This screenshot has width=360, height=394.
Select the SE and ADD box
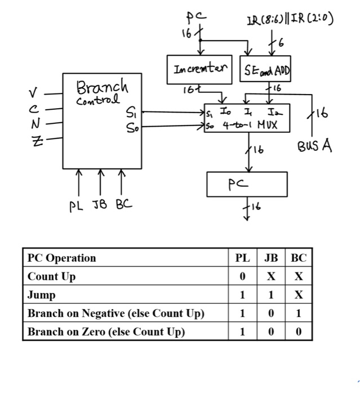point(264,69)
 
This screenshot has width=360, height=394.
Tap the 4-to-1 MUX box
point(246,118)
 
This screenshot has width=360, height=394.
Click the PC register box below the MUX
point(247,184)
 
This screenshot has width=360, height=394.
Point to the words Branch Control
point(102,93)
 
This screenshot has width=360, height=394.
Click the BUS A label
point(314,147)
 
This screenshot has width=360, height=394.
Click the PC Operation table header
point(62,258)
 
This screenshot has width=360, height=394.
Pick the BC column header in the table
point(299,258)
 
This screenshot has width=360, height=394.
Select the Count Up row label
point(52,276)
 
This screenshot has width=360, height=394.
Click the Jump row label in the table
point(42,294)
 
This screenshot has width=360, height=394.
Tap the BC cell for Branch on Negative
point(299,313)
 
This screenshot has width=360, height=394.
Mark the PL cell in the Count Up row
point(242,276)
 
